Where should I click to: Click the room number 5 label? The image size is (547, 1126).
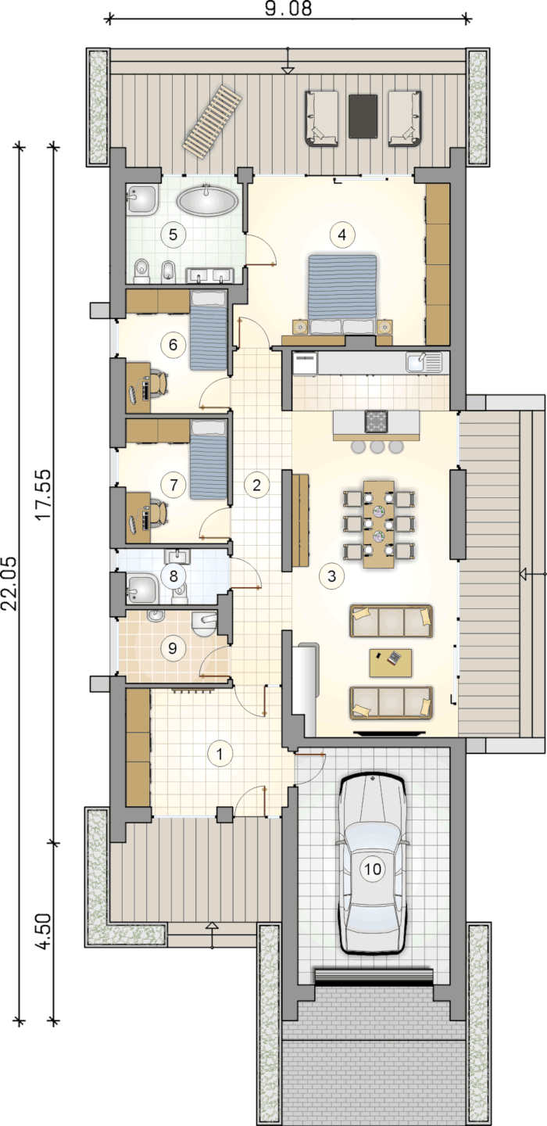173,235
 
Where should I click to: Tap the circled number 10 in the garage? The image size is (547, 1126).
373,869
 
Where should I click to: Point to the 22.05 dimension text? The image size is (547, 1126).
9,583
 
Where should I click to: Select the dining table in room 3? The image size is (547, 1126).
379,524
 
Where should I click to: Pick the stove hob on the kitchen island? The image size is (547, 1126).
376,421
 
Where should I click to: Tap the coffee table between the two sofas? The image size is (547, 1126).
391,662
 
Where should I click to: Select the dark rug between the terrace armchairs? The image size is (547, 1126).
363,116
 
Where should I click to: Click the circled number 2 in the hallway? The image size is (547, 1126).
256,485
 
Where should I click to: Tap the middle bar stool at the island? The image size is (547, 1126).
377,446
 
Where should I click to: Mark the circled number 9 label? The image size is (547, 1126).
172,648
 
